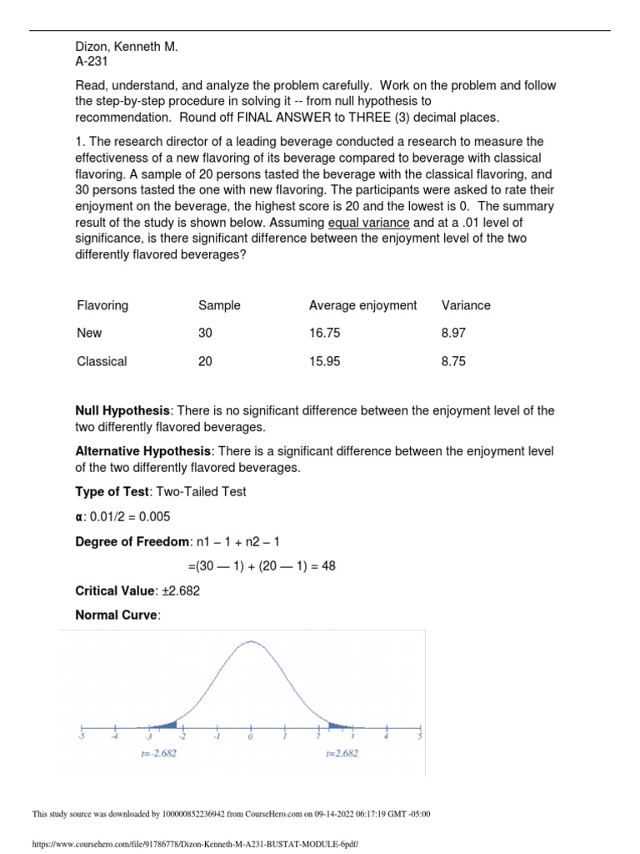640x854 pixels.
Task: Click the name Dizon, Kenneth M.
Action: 127,48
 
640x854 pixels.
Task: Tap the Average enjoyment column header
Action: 362,305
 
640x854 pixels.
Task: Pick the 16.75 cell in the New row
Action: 324,334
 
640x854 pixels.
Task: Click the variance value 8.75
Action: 453,362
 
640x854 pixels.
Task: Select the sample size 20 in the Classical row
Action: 205,362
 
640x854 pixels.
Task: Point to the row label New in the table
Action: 89,334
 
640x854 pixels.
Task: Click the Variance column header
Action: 466,305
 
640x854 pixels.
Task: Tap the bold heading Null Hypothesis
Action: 122,411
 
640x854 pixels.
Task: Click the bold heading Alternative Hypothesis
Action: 141,451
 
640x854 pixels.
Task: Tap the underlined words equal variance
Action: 368,223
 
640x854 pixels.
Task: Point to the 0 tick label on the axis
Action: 250,737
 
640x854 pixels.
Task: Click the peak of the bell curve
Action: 250,641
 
